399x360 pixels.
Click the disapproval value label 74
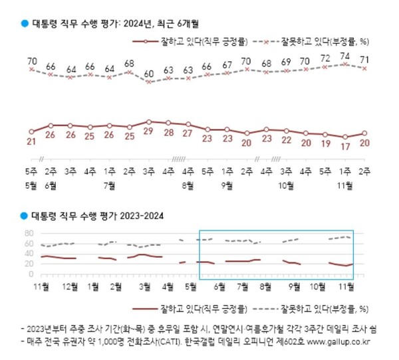tap(345, 56)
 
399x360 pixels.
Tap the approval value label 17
tap(345, 147)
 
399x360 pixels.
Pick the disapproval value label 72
tap(326, 59)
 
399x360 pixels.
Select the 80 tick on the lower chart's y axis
tap(29, 233)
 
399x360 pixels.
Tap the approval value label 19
tap(326, 143)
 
